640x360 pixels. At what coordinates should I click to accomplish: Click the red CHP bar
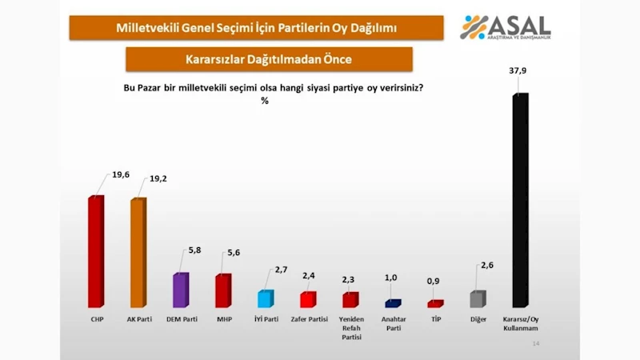pos(95,252)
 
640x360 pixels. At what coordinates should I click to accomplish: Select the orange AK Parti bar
pos(138,253)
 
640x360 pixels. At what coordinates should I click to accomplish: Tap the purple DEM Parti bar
pos(181,290)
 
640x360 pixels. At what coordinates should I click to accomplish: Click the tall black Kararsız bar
pos(520,202)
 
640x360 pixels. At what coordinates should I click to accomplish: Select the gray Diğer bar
pos(477,299)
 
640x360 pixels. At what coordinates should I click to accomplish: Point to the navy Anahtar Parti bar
pos(393,303)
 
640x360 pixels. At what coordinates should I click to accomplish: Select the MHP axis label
pos(223,318)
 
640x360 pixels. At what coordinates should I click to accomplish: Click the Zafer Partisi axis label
pos(308,318)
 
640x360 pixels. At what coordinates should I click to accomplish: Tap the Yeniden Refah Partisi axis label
pos(350,327)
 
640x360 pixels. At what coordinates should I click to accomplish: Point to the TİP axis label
pos(435,318)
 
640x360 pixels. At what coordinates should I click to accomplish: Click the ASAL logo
pos(506,28)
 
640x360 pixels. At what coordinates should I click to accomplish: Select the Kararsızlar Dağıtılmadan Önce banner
pos(269,59)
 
